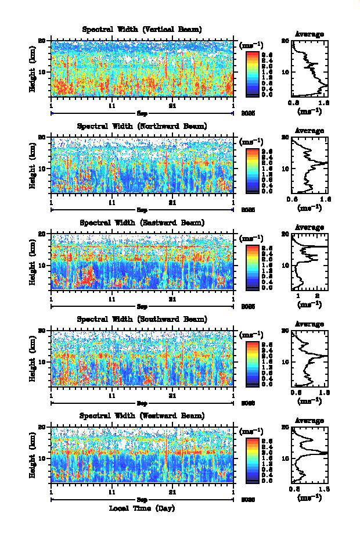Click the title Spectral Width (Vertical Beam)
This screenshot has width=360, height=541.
point(142,30)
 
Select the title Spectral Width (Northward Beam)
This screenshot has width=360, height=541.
point(142,126)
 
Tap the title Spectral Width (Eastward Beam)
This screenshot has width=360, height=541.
point(142,223)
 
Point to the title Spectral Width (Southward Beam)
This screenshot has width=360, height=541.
point(142,319)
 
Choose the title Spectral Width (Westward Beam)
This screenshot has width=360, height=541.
point(142,415)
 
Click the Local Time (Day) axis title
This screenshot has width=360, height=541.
point(142,508)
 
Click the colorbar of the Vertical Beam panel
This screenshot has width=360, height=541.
point(253,73)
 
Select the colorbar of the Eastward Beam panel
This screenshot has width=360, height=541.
point(253,266)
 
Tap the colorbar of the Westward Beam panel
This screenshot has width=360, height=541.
point(253,458)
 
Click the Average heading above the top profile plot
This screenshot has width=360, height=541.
point(309,34)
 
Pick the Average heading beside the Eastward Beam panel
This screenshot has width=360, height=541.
point(309,227)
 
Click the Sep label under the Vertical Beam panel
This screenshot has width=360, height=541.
point(142,113)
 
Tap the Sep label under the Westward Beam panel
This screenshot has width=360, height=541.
point(142,499)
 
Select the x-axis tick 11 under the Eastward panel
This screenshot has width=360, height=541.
point(112,299)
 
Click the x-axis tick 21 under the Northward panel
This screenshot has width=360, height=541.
point(172,203)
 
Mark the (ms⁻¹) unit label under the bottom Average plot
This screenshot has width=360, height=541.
point(309,497)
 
